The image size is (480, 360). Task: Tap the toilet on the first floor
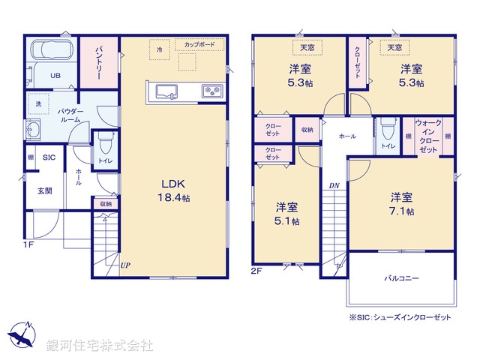click(x=103, y=143)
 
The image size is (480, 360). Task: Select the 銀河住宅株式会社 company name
click(x=100, y=346)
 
